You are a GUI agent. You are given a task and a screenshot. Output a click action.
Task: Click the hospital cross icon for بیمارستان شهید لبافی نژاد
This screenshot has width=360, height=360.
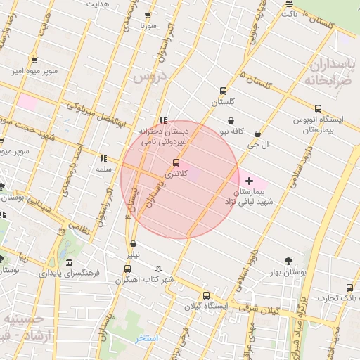pyautogui.click(x=249, y=181)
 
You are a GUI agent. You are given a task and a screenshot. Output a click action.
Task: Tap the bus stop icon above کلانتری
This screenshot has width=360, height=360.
pyautogui.click(x=176, y=162)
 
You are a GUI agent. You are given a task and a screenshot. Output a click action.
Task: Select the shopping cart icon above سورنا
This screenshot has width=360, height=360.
pyautogui.click(x=148, y=15)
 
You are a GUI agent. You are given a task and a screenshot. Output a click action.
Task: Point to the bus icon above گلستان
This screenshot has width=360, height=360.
pyautogui.click(x=224, y=91)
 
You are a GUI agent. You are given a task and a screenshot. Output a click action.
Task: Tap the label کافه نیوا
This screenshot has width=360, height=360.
pyautogui.click(x=230, y=131)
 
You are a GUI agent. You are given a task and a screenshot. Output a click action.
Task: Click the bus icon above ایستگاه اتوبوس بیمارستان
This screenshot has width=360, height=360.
pyautogui.click(x=319, y=109)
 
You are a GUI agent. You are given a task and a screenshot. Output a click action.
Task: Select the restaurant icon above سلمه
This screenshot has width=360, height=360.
pyautogui.click(x=104, y=159)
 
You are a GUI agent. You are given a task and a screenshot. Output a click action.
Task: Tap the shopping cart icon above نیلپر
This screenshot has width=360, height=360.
pyautogui.click(x=133, y=243)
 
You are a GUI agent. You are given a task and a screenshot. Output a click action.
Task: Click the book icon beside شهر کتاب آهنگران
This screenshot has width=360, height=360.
pyautogui.click(x=158, y=269)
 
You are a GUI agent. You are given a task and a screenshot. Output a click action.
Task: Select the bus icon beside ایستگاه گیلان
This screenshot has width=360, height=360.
pyautogui.click(x=206, y=296)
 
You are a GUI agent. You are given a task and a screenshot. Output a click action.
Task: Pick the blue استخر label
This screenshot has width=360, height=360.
pyautogui.click(x=147, y=338)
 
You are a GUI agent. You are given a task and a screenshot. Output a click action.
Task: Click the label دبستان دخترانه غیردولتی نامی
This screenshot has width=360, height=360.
pyautogui.click(x=162, y=136)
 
